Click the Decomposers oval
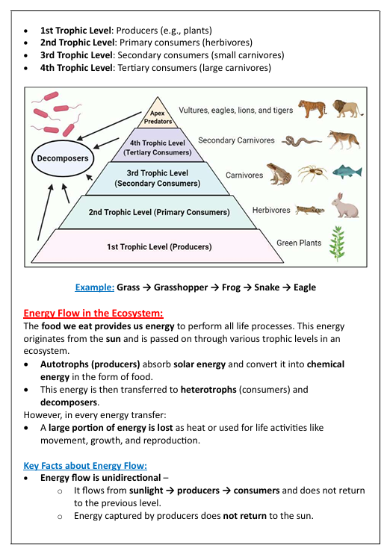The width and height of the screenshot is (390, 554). pos(63,158)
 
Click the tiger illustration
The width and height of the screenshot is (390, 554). pos(312,109)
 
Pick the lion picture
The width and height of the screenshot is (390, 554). pos(347,109)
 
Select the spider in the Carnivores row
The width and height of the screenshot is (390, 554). pos(312,174)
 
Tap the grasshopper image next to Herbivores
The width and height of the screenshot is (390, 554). pos(309,210)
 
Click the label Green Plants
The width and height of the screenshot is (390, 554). pos(299,243)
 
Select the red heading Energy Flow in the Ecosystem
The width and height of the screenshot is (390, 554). pos(93,314)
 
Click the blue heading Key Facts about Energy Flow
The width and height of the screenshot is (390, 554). pos(85,465)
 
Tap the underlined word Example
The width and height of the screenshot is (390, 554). pos(94,287)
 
